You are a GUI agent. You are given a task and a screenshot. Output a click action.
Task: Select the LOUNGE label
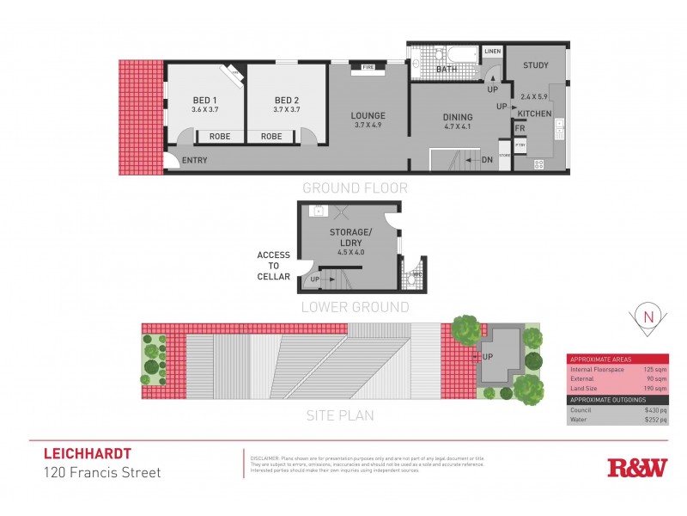point(368,115)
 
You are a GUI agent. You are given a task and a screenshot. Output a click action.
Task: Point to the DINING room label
point(458,117)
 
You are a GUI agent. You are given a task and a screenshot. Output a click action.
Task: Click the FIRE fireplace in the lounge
point(368,67)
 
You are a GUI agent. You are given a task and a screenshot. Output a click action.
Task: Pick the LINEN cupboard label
point(491,52)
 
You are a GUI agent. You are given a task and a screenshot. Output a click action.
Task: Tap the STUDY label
point(535,65)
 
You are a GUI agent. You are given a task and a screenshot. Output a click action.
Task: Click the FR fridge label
point(520,129)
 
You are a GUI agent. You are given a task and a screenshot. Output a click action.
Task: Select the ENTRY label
point(195,161)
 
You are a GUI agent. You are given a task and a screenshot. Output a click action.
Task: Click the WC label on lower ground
point(416,275)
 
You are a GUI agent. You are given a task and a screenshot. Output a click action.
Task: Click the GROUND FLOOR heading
point(354,187)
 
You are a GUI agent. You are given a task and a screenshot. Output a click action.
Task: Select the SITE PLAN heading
point(340,415)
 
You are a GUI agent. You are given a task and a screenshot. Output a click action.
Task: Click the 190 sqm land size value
point(654,389)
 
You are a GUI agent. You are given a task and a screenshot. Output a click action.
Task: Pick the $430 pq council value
point(654,410)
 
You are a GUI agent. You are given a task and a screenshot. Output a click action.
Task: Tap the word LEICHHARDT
point(87,453)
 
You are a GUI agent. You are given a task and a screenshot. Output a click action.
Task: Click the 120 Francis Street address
point(102,472)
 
